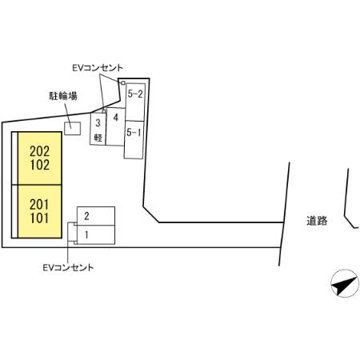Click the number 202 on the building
coord(39,151)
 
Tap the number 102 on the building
coord(39,165)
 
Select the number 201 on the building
coord(39,205)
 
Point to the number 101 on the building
coord(39,218)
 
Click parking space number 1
coord(96,234)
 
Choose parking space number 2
coord(96,216)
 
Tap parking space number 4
coord(116,126)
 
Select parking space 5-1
coord(134,140)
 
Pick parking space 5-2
coord(135,102)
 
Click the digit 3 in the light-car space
coord(98,123)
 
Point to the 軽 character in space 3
coord(98,138)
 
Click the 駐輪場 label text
coord(63,96)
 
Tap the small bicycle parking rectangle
coord(73,128)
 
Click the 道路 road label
coord(317,221)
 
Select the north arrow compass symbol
coord(345,284)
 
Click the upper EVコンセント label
coord(98,68)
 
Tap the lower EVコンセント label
coord(68,267)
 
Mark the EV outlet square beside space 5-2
coord(122,82)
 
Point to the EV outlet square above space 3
coord(104,111)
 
